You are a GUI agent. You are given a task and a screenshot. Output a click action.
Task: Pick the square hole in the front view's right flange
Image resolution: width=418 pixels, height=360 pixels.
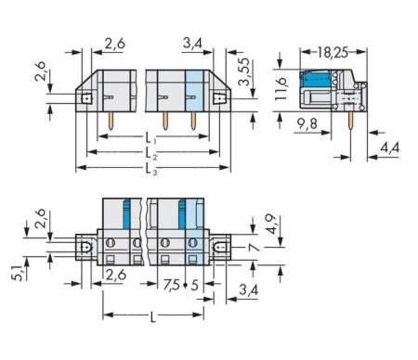tap(220, 97)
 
